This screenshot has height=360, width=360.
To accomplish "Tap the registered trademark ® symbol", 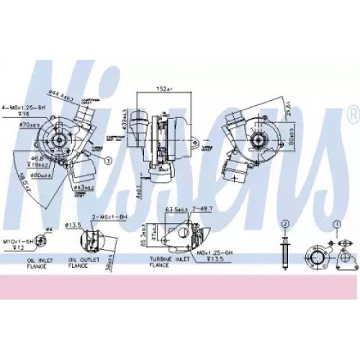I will pyautogui.click(x=351, y=113).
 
